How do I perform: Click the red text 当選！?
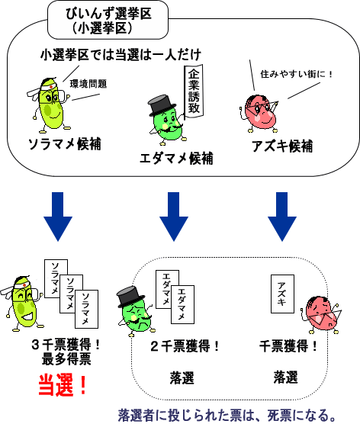pos(63,385)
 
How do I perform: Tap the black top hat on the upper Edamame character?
pos(162,105)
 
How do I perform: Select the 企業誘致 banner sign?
pos(194,92)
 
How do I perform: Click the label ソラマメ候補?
pos(65,144)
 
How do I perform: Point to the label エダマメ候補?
pos(176,158)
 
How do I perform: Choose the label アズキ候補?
pos(283,146)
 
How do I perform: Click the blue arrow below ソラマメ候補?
pos(58,217)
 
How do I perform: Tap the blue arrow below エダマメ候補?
pos(174,217)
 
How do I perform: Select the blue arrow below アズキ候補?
pos(282,217)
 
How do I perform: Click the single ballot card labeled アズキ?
pos(282,294)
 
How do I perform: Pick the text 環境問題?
pos(88,84)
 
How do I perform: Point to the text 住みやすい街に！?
pos(297,74)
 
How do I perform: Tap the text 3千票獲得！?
pos(66,345)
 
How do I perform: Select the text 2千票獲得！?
pos(185,346)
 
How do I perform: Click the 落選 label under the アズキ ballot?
pos(285,377)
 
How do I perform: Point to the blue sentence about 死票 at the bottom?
pos(227,416)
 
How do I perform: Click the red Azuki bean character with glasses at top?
pos(259,114)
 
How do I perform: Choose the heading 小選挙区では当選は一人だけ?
pos(121,55)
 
